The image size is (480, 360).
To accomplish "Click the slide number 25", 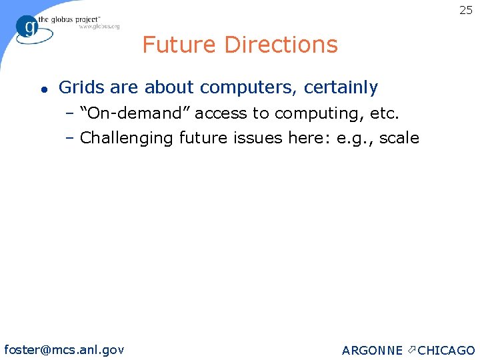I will tap(465, 10).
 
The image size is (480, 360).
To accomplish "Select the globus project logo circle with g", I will tap(28, 27).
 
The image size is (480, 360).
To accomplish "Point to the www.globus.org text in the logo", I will tap(99, 26).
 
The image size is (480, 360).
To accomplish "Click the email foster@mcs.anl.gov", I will tap(64, 349).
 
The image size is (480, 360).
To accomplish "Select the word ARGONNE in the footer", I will tap(372, 351).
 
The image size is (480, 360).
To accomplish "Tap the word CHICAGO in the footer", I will tap(446, 351).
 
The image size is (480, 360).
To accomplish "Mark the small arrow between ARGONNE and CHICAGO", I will tap(411, 349).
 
